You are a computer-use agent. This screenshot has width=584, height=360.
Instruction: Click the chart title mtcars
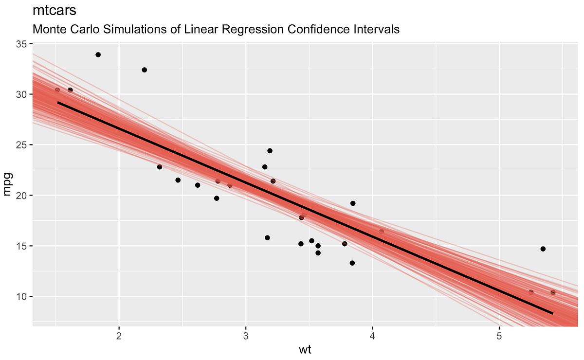pyautogui.click(x=54, y=10)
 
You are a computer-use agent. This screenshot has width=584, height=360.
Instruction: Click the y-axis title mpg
pyautogui.click(x=7, y=184)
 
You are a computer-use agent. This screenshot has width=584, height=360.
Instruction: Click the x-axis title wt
pyautogui.click(x=305, y=350)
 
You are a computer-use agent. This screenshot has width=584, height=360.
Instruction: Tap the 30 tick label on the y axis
pyautogui.click(x=21, y=94)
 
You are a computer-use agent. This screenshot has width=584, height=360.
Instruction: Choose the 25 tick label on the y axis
pyautogui.click(x=21, y=145)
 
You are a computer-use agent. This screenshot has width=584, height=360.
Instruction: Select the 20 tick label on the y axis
pyautogui.click(x=21, y=196)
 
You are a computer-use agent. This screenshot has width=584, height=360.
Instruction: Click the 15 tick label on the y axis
pyautogui.click(x=21, y=246)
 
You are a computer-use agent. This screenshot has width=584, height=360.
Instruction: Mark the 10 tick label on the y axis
pyautogui.click(x=21, y=297)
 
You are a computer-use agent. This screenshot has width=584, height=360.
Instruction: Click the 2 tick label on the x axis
pyautogui.click(x=119, y=336)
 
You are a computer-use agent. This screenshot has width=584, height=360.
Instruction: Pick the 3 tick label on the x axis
pyautogui.click(x=246, y=336)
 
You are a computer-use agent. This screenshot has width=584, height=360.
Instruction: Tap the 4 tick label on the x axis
pyautogui.click(x=372, y=336)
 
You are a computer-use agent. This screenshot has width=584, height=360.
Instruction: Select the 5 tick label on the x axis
pyautogui.click(x=499, y=336)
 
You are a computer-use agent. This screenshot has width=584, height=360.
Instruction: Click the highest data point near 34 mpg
pyautogui.click(x=98, y=55)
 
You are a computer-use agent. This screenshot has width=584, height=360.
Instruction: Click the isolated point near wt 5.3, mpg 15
pyautogui.click(x=543, y=249)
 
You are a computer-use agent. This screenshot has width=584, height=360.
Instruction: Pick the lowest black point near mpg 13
pyautogui.click(x=352, y=263)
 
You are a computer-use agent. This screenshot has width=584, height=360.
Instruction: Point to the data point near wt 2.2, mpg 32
pyautogui.click(x=145, y=70)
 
